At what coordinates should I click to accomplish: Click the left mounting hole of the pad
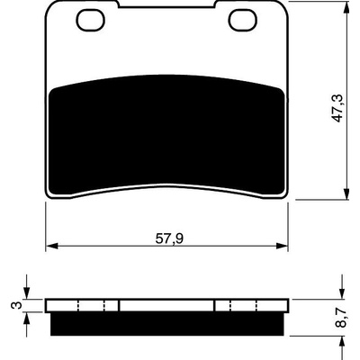point(91,20)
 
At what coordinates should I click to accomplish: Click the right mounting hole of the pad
point(243,20)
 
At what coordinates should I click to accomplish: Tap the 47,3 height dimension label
point(338,108)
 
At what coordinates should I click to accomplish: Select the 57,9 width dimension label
point(169,238)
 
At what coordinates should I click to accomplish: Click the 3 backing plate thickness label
point(17,306)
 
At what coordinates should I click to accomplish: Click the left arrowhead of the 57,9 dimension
point(52,246)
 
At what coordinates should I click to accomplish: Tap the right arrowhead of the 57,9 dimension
point(282,246)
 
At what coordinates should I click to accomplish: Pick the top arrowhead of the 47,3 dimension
point(346,6)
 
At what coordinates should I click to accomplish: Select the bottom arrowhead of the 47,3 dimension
point(346,193)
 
